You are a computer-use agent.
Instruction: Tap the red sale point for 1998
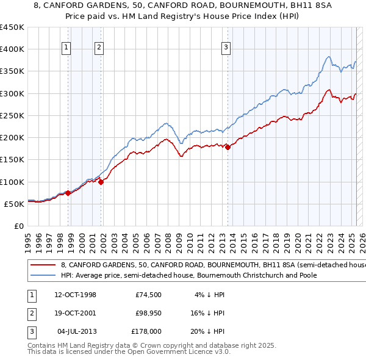69,193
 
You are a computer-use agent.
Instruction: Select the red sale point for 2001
101,181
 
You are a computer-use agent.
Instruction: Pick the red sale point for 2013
228,147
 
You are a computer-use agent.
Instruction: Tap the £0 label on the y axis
18,226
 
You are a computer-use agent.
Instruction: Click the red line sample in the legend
43,265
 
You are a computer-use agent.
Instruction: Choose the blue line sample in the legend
43,275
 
